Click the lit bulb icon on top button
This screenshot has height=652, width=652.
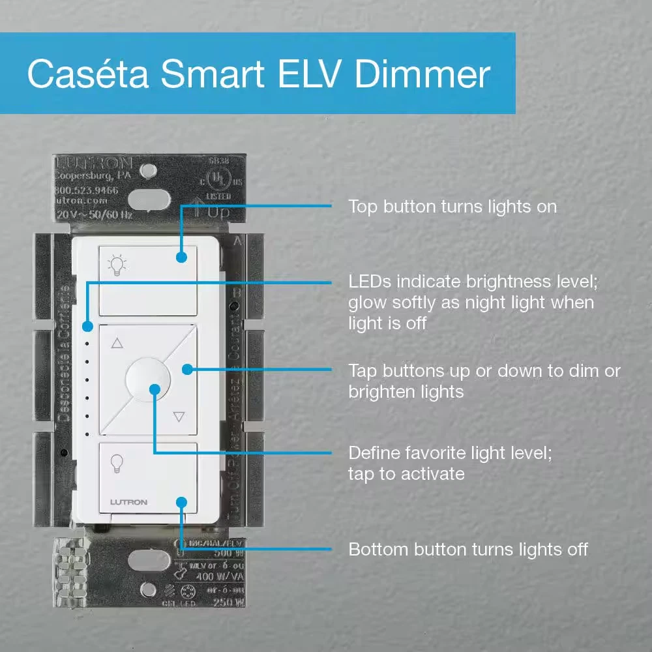point(117,265)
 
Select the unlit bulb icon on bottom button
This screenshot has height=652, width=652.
point(116,462)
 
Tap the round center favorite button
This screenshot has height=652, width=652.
point(147,379)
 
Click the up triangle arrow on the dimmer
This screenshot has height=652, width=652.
point(117,343)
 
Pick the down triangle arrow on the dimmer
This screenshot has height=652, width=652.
point(179,416)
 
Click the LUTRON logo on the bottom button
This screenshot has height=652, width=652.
point(128,502)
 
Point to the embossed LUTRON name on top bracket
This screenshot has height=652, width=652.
point(95,162)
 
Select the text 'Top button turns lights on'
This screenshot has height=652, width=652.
point(452,207)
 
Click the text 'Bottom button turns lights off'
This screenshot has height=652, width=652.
point(468,549)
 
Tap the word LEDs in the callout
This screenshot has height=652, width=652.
point(369,282)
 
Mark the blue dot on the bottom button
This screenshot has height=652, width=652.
point(182,503)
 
